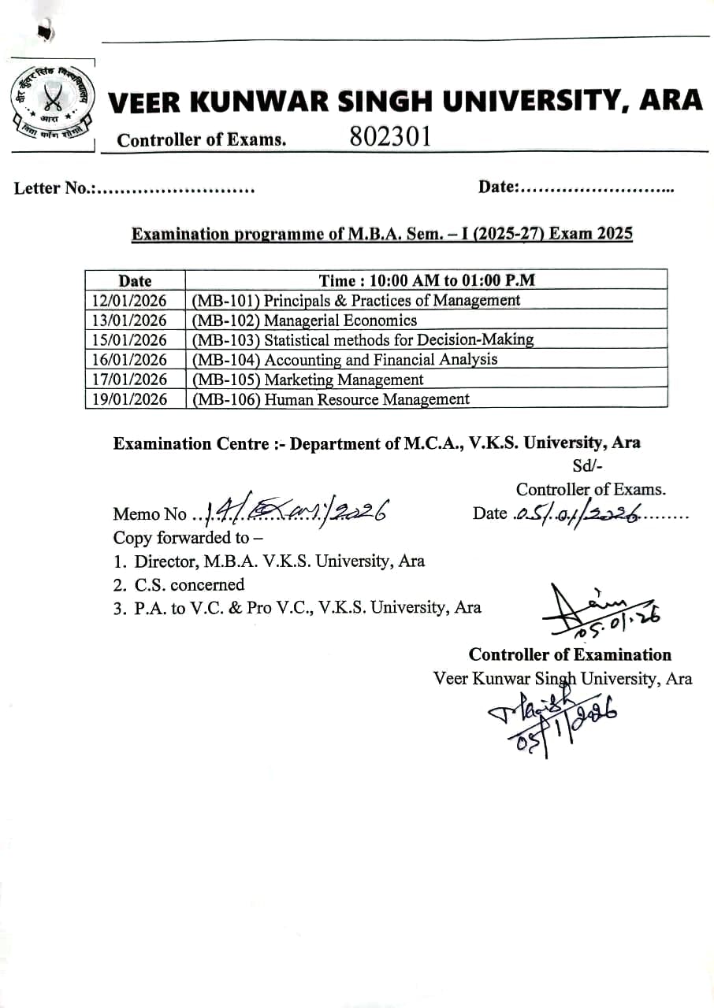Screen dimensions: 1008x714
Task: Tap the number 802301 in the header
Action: pyautogui.click(x=390, y=136)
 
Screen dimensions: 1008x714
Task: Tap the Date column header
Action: pyautogui.click(x=135, y=280)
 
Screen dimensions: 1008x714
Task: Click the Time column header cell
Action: pyautogui.click(x=426, y=280)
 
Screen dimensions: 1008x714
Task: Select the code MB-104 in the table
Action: pyautogui.click(x=226, y=360)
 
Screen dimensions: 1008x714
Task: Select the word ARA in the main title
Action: pyautogui.click(x=671, y=100)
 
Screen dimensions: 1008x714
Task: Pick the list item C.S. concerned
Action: pyautogui.click(x=189, y=584)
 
